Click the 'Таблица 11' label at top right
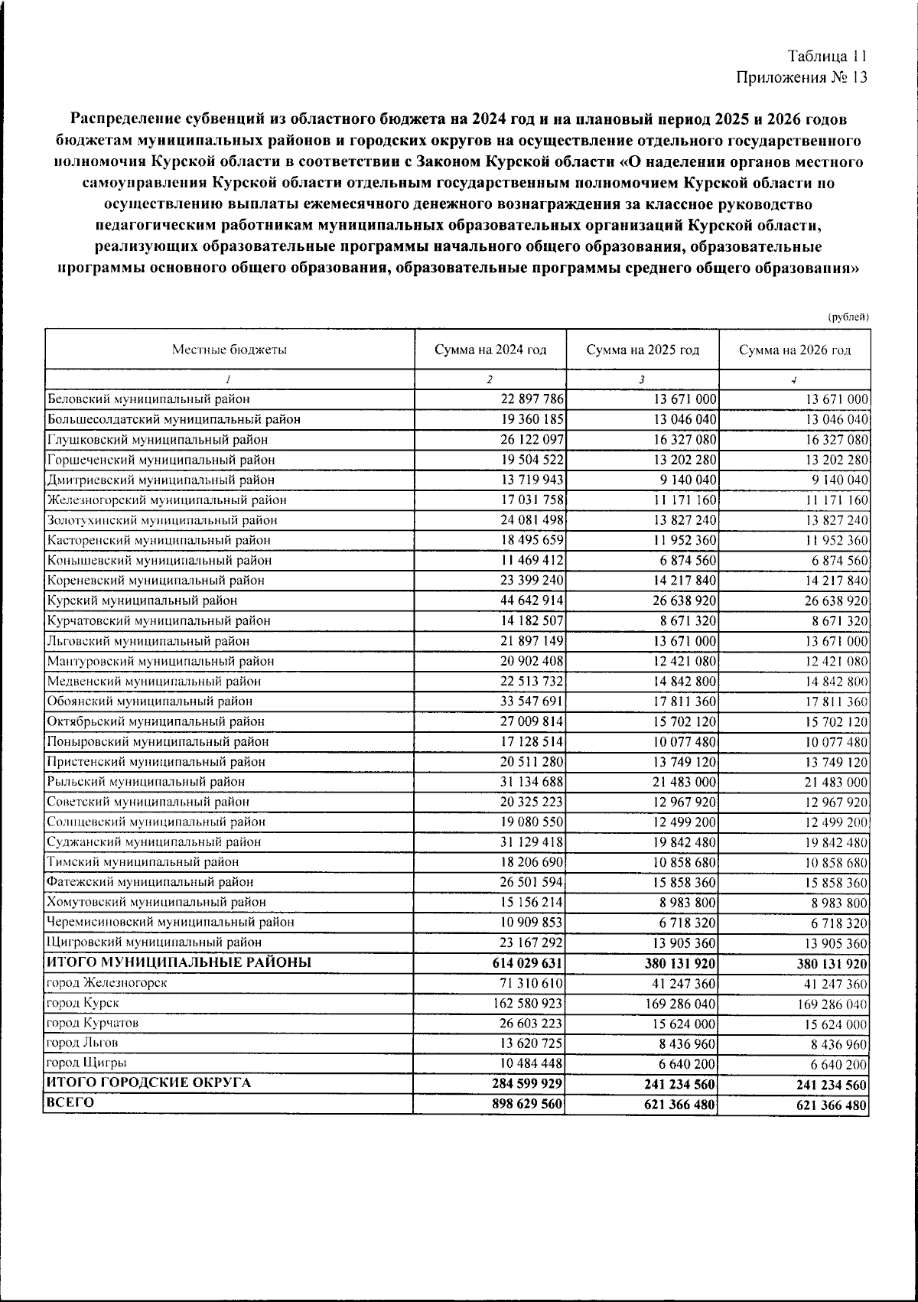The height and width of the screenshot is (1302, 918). (x=827, y=57)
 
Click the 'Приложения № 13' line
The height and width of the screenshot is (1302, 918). (x=802, y=77)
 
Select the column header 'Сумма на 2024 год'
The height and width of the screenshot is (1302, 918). (x=490, y=350)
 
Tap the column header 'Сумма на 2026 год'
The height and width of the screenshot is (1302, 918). (x=794, y=350)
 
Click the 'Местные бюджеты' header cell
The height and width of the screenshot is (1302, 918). (x=229, y=350)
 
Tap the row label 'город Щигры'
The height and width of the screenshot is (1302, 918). (x=86, y=1063)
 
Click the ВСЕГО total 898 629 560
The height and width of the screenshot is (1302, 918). (x=527, y=1104)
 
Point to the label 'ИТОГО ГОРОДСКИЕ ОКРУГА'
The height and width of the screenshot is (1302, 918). (x=149, y=1083)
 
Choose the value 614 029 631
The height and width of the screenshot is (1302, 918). (x=527, y=963)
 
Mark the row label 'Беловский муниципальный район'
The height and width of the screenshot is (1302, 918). (x=148, y=399)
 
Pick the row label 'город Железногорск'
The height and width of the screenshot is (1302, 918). (x=106, y=982)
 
